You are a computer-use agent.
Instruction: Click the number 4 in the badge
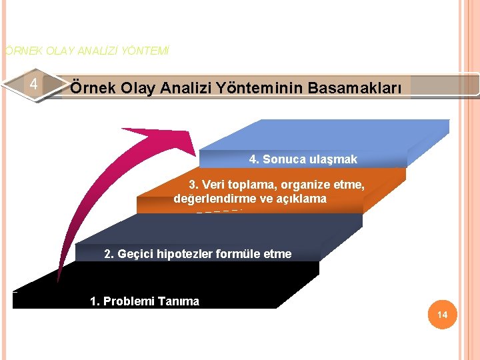pyautogui.click(x=33, y=85)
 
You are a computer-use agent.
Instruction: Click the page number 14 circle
pyautogui.click(x=443, y=315)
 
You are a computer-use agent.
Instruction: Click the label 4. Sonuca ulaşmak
pyautogui.click(x=303, y=159)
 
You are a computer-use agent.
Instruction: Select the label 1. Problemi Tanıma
pyautogui.click(x=144, y=301)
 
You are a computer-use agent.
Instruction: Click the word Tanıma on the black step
pyautogui.click(x=178, y=301)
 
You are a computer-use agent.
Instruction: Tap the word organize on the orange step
pyautogui.click(x=297, y=185)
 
